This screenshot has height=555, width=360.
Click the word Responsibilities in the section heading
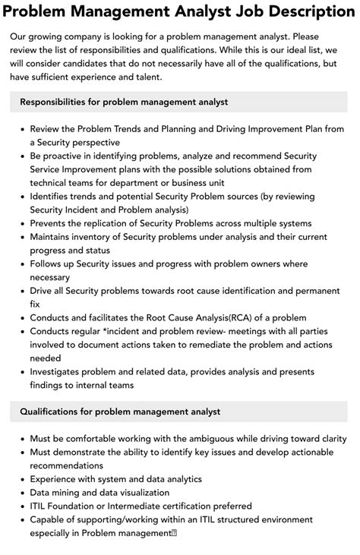pyautogui.click(x=59, y=102)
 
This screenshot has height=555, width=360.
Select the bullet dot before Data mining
pyautogui.click(x=22, y=493)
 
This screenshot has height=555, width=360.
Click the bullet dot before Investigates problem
pyautogui.click(x=22, y=372)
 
